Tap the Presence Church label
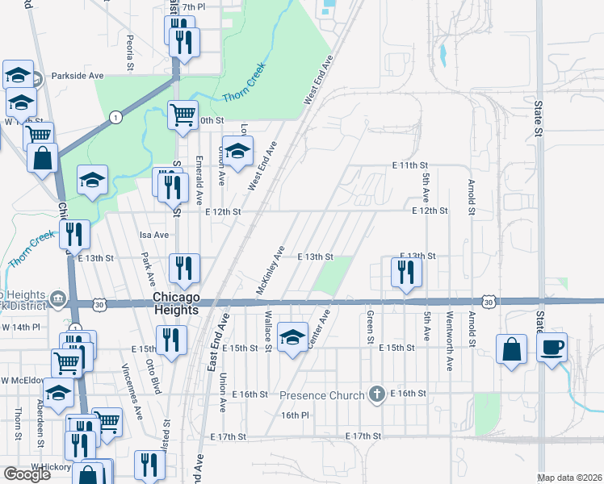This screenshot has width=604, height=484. [323, 395]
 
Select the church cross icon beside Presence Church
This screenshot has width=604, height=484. [375, 394]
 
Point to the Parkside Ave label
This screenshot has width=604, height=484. [78, 76]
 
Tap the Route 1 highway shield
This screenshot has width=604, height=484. [117, 118]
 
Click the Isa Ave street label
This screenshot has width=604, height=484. [153, 235]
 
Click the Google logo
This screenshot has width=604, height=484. [27, 474]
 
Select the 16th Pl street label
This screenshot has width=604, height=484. [296, 415]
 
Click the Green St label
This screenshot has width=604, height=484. [370, 327]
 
